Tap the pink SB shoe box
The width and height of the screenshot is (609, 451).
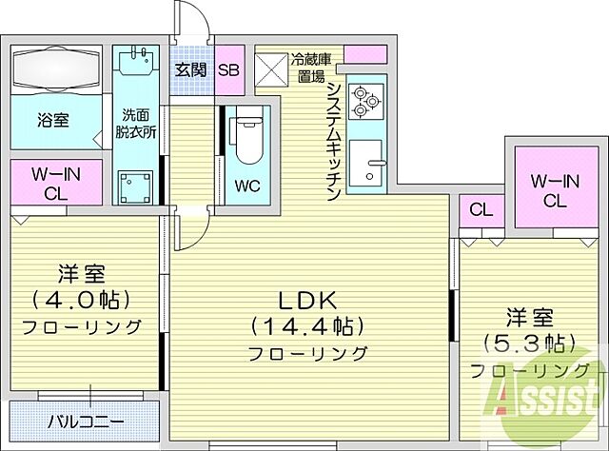[229, 69]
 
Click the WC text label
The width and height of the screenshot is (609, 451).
[246, 185]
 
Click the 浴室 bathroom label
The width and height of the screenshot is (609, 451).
[54, 121]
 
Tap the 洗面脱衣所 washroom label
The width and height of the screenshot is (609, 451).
[132, 119]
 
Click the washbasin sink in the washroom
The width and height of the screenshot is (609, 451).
[134, 65]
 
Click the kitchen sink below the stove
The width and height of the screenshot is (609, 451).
[364, 164]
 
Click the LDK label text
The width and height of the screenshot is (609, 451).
[307, 300]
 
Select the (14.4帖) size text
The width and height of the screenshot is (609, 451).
[307, 326]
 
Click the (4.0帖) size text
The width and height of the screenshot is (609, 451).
[80, 299]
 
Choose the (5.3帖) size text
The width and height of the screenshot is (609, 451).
[526, 343]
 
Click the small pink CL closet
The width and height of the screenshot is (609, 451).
[481, 210]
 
